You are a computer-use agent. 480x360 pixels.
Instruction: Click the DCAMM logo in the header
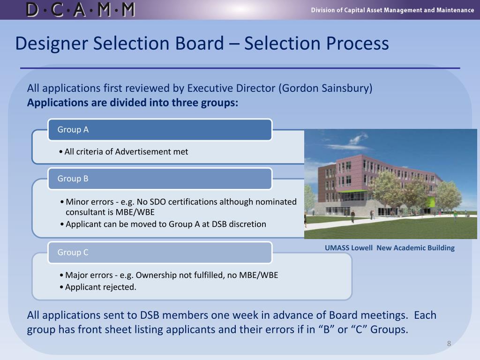coord(81,10)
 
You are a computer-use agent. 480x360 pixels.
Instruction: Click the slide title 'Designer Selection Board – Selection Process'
coord(202,44)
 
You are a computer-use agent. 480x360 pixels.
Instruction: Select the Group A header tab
coord(160,130)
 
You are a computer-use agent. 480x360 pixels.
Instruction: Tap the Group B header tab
coord(160,179)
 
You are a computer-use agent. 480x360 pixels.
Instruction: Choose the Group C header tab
coord(160,253)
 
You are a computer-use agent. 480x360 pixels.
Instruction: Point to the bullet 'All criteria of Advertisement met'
coord(126,151)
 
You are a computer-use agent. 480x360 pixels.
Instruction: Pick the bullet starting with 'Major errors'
coord(171,275)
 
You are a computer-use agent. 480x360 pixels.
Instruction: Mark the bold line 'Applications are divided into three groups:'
coord(133,103)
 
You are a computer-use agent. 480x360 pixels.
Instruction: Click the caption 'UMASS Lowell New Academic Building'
coord(390,248)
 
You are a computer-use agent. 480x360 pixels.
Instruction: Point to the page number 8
coord(449,344)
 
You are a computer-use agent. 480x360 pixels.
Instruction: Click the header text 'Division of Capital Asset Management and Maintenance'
coord(392,10)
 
